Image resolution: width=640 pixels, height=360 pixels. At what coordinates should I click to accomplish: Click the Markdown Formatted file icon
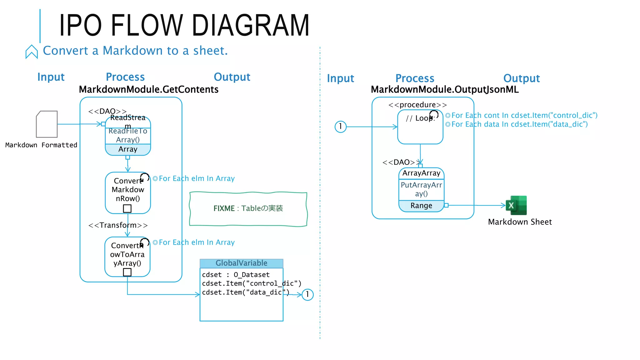pos(47,124)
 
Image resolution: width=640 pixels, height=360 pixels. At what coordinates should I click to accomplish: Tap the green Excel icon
pos(517,205)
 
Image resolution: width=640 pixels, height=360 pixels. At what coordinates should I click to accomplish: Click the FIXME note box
pos(248,208)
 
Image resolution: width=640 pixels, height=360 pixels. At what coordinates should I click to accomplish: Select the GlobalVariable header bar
pos(241,263)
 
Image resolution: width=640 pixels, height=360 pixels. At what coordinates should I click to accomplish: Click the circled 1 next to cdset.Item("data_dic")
pos(307,294)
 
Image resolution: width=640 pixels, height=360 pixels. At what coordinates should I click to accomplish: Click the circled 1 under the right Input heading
pos(340,127)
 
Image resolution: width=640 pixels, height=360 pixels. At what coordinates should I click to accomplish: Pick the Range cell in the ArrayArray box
pos(421,206)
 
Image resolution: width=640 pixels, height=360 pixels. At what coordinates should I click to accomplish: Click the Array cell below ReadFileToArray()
pos(128,149)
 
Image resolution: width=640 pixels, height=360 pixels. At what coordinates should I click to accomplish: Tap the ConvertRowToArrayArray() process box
pos(127,255)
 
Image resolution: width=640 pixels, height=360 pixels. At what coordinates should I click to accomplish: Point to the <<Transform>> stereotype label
pos(118,225)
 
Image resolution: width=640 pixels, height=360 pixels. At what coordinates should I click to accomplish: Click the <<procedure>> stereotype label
pos(417,105)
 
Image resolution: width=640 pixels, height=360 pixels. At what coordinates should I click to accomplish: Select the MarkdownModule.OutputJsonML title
pos(444,90)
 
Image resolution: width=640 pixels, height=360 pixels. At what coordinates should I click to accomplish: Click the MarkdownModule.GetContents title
pos(148,90)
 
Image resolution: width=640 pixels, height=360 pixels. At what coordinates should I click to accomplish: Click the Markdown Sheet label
pos(520,222)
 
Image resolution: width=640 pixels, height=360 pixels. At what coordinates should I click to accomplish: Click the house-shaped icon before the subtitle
pos(32,52)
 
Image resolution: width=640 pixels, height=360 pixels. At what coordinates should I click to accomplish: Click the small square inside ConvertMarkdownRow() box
pos(127,208)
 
